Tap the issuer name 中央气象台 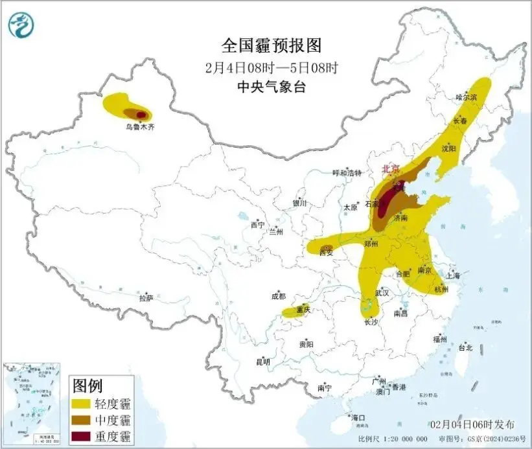pos(271,86)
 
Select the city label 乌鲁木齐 pos(140,128)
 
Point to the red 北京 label pos(390,168)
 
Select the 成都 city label pos(279,297)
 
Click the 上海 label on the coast pos(452,275)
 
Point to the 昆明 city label pos(263,361)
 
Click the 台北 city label pos(465,347)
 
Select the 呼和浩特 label pos(346,173)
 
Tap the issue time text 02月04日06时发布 pos(472,424)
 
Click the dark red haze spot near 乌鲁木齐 pos(141,114)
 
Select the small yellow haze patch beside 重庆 pos(290,313)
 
